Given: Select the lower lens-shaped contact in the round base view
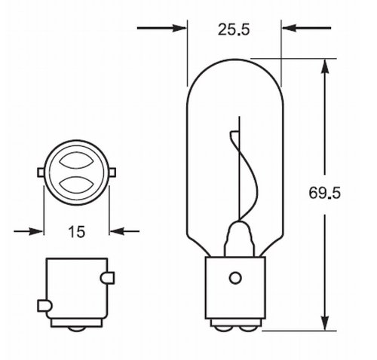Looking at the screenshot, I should tap(76, 184).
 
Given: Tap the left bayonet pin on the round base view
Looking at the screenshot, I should tap(39, 172).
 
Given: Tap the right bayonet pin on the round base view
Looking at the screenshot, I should tap(113, 172).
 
